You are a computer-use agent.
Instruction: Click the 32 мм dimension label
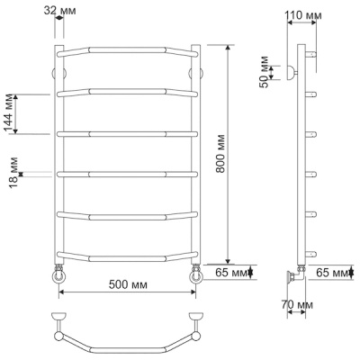59,10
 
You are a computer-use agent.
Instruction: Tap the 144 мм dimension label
9,113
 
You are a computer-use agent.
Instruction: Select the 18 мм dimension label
13,173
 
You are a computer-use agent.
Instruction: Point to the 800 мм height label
220,154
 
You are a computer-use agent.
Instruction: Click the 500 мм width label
128,284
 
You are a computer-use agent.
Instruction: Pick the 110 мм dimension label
303,15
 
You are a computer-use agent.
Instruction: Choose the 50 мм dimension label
264,72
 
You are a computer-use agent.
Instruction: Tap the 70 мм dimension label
297,305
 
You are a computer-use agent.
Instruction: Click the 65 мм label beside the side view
332,273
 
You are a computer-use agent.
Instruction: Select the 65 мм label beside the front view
231,273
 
